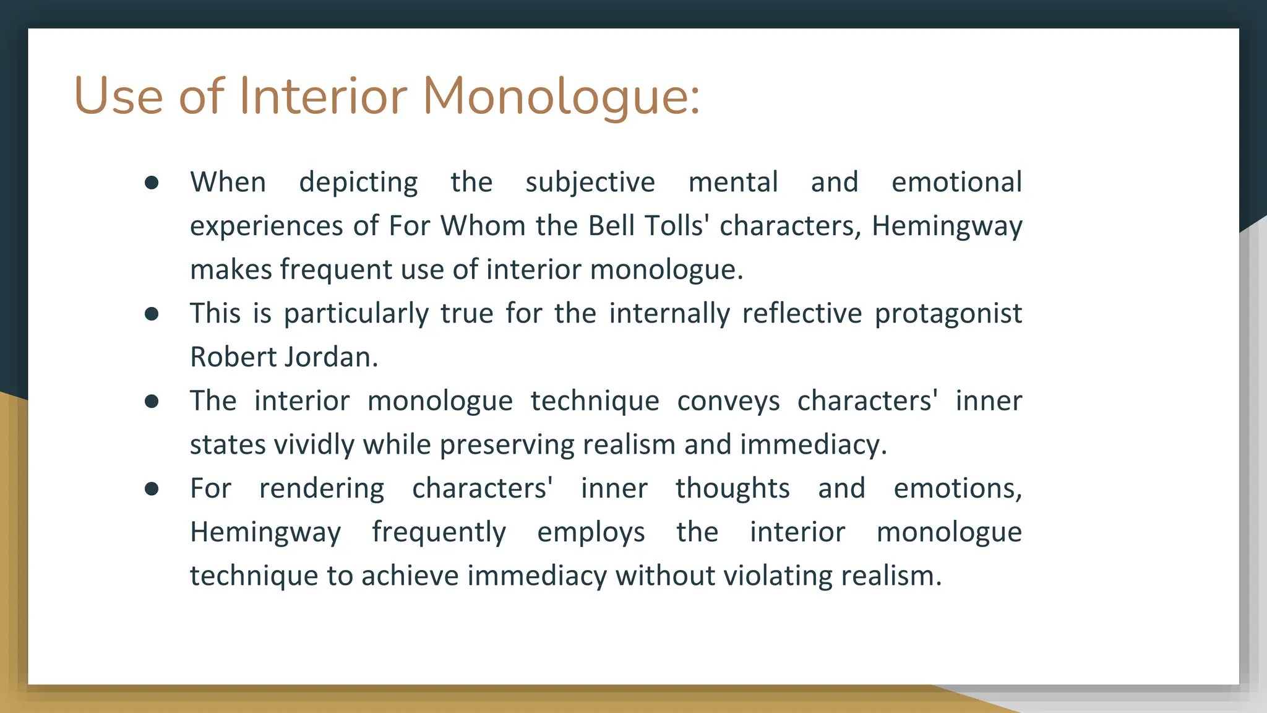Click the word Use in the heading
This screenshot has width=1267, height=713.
(118, 97)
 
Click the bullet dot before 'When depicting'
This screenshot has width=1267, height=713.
(152, 183)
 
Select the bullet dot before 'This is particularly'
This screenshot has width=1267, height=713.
(152, 314)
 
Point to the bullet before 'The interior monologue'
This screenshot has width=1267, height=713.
(152, 402)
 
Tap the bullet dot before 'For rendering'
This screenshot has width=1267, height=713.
(152, 489)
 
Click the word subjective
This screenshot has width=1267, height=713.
(590, 183)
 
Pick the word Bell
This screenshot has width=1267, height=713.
(612, 226)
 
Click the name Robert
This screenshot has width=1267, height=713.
(233, 357)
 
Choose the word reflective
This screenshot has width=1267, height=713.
(802, 314)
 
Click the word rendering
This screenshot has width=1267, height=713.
(322, 489)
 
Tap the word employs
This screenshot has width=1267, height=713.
(591, 533)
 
